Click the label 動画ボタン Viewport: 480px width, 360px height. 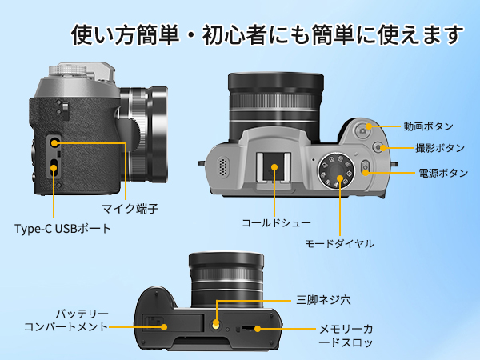tap(429, 126)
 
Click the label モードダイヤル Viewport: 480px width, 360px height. tap(340, 242)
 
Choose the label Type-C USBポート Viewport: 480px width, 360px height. tap(62, 229)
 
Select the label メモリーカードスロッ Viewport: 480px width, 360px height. tap(346, 336)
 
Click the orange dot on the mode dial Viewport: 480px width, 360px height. tap(340, 178)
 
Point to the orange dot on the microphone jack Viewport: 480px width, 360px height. tap(54, 142)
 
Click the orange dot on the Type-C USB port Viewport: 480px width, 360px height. tap(54, 168)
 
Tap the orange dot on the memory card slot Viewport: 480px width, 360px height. tap(255, 329)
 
